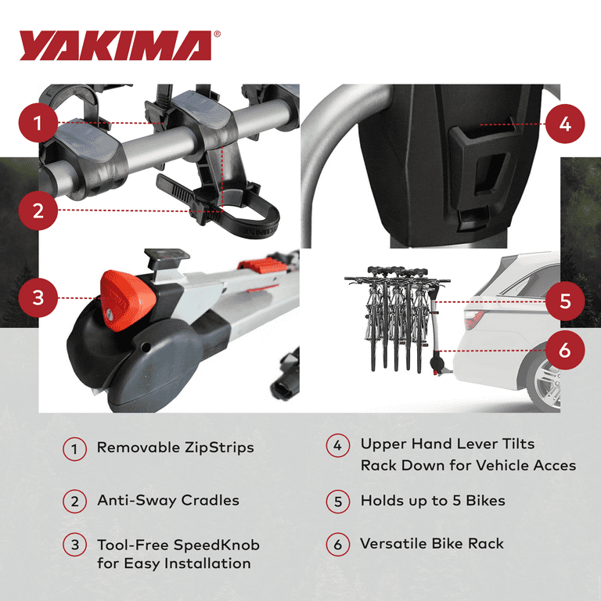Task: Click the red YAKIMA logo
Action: [115, 46]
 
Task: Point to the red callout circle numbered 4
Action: [564, 124]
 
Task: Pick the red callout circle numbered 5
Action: [564, 301]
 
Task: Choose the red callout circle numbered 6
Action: [564, 350]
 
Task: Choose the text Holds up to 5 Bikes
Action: [433, 501]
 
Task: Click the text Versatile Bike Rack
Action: [432, 544]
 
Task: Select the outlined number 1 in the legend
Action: [74, 449]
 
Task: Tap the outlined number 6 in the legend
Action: [337, 545]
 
